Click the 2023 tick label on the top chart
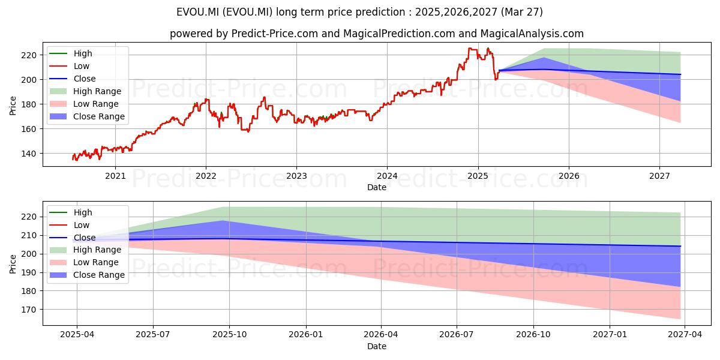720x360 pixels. [296, 176]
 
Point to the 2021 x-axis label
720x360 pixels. [115, 176]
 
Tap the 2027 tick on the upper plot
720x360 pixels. [659, 176]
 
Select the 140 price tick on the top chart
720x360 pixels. [29, 154]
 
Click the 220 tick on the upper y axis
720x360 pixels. [29, 55]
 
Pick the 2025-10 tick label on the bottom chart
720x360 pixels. [229, 335]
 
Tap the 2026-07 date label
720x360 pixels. [457, 335]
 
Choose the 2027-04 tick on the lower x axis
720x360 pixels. [685, 335]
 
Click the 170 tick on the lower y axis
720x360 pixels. [29, 310]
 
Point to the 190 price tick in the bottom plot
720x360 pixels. [29, 272]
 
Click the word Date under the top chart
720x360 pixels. [377, 187]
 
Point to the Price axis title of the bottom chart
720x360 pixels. [13, 264]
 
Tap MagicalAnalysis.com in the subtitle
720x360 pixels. [532, 34]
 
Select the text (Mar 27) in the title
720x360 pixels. [521, 12]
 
